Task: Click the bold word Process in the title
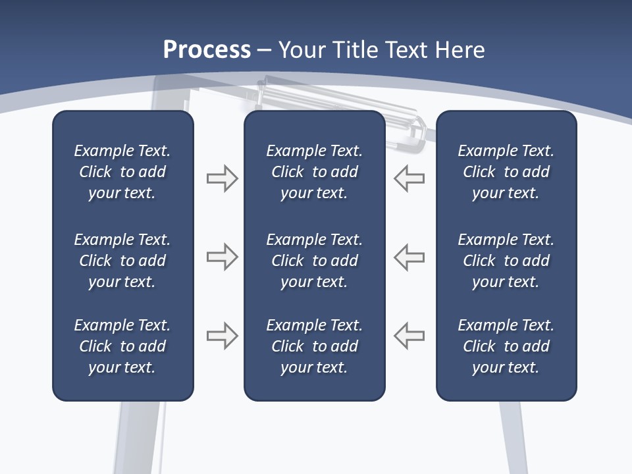[207, 49]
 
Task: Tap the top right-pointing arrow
[222, 178]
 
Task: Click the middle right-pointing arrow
[222, 257]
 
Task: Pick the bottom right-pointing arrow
[222, 335]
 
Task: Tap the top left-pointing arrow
[409, 178]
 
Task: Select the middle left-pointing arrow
[409, 257]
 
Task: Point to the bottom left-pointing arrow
[409, 335]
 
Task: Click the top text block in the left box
[122, 172]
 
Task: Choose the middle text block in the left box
[122, 261]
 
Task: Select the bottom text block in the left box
[122, 346]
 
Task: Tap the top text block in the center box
[314, 172]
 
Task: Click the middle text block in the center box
[314, 261]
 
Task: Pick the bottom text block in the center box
[314, 346]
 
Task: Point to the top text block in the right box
[506, 172]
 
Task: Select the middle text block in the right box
[506, 261]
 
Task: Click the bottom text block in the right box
[506, 346]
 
